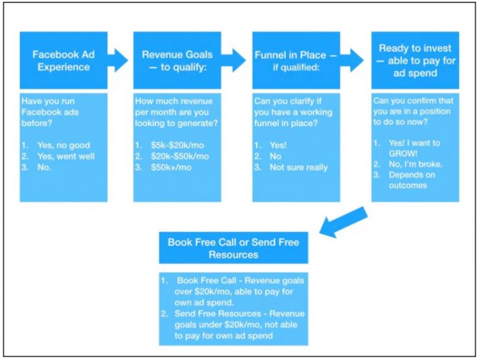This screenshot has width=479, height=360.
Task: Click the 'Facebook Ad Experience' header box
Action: tap(63, 60)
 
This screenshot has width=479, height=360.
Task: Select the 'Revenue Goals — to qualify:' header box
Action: tap(177, 60)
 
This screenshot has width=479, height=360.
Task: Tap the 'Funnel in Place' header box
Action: tap(296, 60)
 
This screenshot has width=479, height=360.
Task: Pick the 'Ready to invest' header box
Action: tap(415, 60)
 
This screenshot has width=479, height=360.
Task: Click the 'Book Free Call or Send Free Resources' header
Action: tap(234, 248)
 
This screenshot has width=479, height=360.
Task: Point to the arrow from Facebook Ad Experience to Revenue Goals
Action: tap(118, 60)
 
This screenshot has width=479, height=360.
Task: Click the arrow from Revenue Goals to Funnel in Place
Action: tap(234, 60)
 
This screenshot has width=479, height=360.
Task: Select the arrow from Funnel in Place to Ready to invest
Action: tap(352, 60)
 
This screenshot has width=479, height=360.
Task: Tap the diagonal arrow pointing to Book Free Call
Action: tap(343, 221)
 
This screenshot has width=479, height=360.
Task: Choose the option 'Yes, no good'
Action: tap(63, 145)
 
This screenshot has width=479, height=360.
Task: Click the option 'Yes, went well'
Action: tap(66, 156)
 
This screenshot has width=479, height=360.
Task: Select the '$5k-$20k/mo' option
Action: tap(177, 145)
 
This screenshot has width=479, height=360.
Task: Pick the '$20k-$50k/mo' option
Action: tap(180, 156)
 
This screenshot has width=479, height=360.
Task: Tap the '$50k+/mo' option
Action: tap(171, 167)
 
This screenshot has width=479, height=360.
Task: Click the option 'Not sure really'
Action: tap(299, 168)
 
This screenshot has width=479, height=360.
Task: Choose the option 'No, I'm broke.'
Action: tap(416, 164)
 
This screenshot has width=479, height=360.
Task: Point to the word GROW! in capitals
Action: tap(403, 153)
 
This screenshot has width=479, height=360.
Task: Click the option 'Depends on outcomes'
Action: tap(412, 180)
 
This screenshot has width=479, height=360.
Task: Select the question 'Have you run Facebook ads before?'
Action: tap(50, 112)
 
